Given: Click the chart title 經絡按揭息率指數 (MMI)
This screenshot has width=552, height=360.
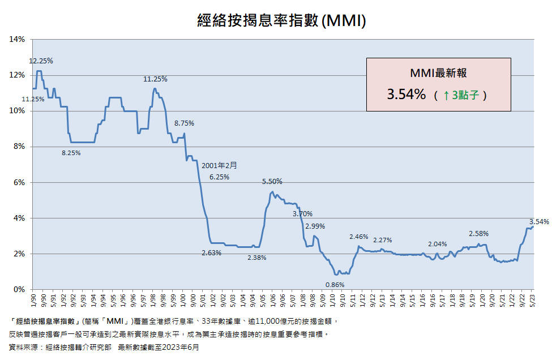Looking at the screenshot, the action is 281,20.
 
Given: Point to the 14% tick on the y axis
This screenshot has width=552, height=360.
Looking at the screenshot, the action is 17,40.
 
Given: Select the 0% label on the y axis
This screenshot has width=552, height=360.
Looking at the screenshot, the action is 19,289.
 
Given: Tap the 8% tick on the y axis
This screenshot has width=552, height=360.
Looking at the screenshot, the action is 19,147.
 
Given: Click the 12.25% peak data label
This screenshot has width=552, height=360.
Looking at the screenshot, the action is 41,61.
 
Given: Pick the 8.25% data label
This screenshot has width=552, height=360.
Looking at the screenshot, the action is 71,153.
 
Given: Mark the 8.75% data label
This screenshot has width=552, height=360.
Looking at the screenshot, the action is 184,123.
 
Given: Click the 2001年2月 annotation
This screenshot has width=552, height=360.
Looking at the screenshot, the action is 219,165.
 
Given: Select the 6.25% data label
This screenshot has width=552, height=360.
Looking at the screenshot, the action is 219,177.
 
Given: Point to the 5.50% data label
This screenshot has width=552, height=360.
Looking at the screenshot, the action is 272,182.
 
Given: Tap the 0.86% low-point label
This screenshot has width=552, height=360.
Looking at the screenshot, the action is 335,285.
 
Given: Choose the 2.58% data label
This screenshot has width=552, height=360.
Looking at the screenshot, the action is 479,234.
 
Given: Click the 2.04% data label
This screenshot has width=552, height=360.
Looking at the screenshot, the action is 437,244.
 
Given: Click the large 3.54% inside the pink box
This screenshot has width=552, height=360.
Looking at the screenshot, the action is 406,95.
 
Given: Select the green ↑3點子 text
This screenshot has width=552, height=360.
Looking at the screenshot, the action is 461,95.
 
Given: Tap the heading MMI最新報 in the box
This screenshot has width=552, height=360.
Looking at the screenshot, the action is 438,73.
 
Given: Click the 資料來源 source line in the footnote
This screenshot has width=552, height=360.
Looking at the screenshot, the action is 104,348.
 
